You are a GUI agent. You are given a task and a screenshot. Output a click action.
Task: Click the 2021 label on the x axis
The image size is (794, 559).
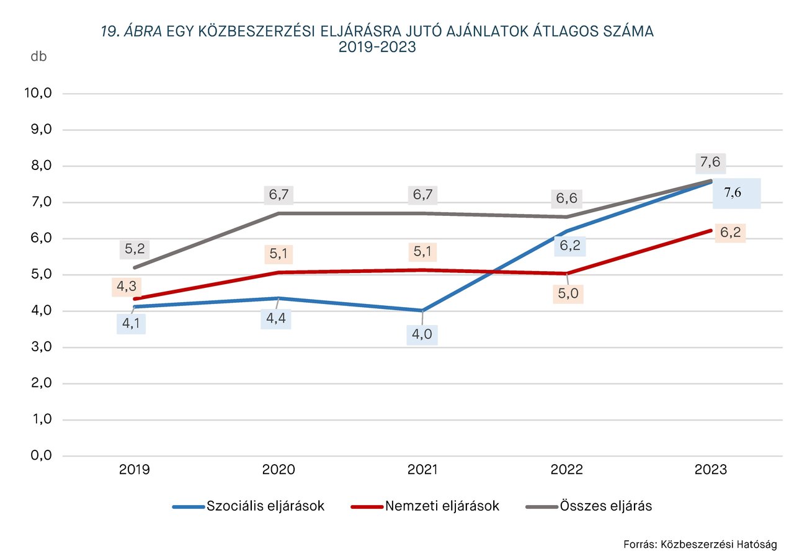pos(422,470)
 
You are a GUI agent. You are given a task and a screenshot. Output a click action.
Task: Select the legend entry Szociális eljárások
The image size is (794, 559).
pos(265,506)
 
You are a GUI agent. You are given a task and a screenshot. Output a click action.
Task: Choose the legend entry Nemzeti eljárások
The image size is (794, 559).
pos(442,506)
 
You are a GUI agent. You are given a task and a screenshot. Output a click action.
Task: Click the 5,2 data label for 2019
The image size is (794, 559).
pos(135,249)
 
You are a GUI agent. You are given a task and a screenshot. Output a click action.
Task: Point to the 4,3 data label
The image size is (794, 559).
pos(127,287)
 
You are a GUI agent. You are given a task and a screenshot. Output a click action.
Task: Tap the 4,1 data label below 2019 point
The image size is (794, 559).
pos(131,323)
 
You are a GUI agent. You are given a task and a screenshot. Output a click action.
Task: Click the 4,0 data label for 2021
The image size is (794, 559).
pos(422,335)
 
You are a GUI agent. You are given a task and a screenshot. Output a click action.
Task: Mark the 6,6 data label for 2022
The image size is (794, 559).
pos(566,199)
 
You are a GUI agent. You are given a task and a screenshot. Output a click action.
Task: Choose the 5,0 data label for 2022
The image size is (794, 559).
pos(568,293)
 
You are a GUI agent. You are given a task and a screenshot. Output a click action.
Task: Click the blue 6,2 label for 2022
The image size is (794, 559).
pos(569,246)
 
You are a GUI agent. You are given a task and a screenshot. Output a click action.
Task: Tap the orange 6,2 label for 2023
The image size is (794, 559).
pos(730,233)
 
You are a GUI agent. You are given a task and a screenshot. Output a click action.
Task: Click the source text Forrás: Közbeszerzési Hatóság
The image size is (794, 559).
pos(700,544)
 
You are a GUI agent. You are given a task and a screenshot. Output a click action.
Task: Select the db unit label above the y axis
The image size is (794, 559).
pos(38,56)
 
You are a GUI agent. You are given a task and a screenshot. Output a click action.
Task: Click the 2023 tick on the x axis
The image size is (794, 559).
pos(711,470)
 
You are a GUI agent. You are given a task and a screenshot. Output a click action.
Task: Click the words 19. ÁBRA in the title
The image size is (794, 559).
pos(130,32)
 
